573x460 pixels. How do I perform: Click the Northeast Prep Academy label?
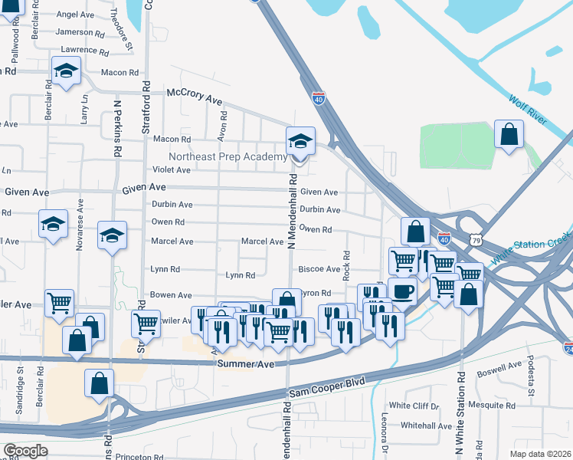pos(228,156)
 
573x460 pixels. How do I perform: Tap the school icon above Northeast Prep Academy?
pos(300,141)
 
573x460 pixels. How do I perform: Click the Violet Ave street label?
pos(172,169)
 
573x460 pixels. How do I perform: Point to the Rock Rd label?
pos(346,264)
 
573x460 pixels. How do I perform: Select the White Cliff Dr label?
pos(414,405)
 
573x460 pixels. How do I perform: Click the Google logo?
pos(25,451)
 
